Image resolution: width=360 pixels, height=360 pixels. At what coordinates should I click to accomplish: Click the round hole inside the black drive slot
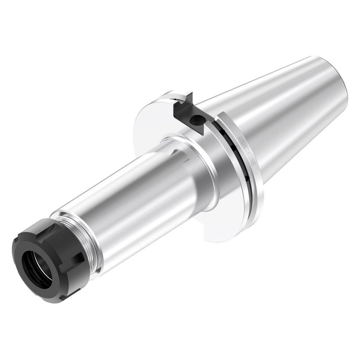(197, 119)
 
